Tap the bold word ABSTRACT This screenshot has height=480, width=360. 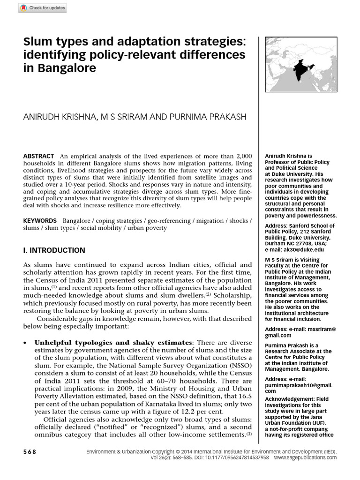click(x=38, y=156)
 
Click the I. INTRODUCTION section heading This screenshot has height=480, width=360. click(x=54, y=250)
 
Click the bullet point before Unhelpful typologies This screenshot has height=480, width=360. click(x=25, y=343)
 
